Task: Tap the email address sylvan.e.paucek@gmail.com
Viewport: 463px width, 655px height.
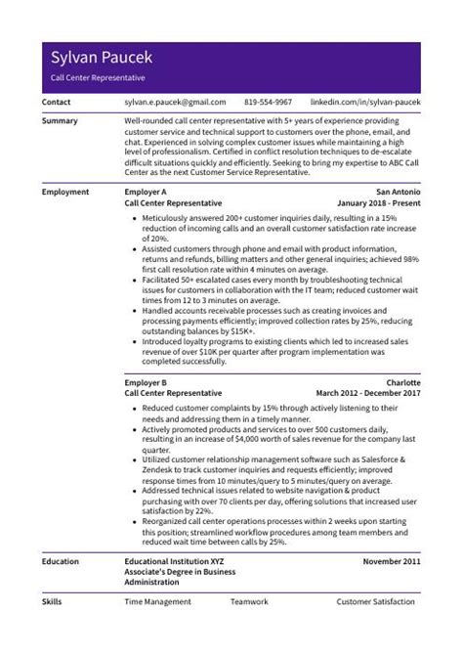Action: coord(175,102)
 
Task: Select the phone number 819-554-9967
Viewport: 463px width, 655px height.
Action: coord(268,102)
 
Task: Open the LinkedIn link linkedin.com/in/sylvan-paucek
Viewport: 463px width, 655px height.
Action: coord(364,102)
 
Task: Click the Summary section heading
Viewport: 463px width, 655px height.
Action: coord(62,121)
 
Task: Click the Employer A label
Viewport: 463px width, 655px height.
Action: coord(147,193)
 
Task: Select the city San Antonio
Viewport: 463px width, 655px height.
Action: coord(398,193)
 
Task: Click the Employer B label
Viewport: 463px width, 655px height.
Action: coord(147,382)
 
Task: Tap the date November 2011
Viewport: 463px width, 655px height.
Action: coord(391,563)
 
